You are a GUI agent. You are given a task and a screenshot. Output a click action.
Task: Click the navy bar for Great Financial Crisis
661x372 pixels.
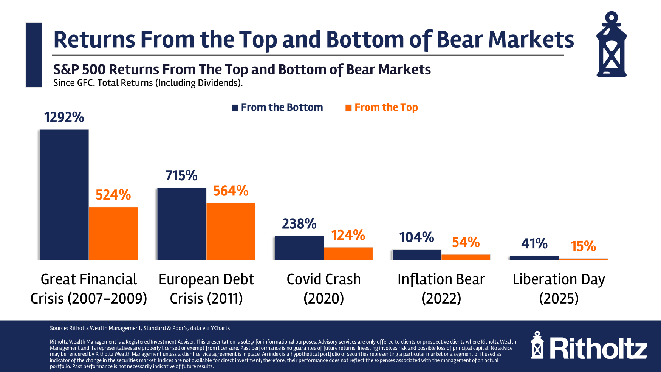pyautogui.click(x=64, y=194)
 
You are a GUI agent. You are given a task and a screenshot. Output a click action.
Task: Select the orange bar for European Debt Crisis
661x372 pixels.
pyautogui.click(x=231, y=231)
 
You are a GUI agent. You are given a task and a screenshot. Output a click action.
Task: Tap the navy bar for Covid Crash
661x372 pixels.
pyautogui.click(x=299, y=248)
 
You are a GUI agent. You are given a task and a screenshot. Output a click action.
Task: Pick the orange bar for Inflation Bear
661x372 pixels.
pyautogui.click(x=466, y=257)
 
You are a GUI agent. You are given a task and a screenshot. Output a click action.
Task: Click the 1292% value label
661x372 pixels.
pyautogui.click(x=64, y=117)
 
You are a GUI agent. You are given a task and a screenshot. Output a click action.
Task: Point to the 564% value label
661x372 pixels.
pyautogui.click(x=231, y=191)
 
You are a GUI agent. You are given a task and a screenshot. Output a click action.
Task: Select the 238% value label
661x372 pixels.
pyautogui.click(x=299, y=224)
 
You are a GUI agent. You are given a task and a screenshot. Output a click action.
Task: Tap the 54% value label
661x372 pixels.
pyautogui.click(x=466, y=242)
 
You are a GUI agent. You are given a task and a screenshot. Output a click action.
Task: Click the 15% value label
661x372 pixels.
pyautogui.click(x=583, y=246)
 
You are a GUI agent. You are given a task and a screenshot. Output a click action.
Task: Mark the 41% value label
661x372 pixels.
pyautogui.click(x=534, y=243)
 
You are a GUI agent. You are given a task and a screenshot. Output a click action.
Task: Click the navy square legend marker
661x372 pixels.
pyautogui.click(x=235, y=108)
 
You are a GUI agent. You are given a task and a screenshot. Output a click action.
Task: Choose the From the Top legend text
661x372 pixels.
pyautogui.click(x=386, y=107)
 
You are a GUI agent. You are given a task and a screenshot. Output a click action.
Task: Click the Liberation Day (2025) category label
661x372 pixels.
pyautogui.click(x=559, y=289)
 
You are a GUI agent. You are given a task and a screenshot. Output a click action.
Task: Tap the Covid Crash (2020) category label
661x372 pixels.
pyautogui.click(x=324, y=289)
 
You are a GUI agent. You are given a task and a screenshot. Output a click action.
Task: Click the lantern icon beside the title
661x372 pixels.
pyautogui.click(x=611, y=45)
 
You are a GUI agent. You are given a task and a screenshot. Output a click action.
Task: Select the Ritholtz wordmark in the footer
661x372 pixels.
pyautogui.click(x=598, y=349)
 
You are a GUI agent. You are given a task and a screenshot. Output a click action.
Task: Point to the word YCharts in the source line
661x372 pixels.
pyautogui.click(x=220, y=328)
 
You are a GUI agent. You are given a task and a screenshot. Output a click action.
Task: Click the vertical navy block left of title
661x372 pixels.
pyautogui.click(x=34, y=55)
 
